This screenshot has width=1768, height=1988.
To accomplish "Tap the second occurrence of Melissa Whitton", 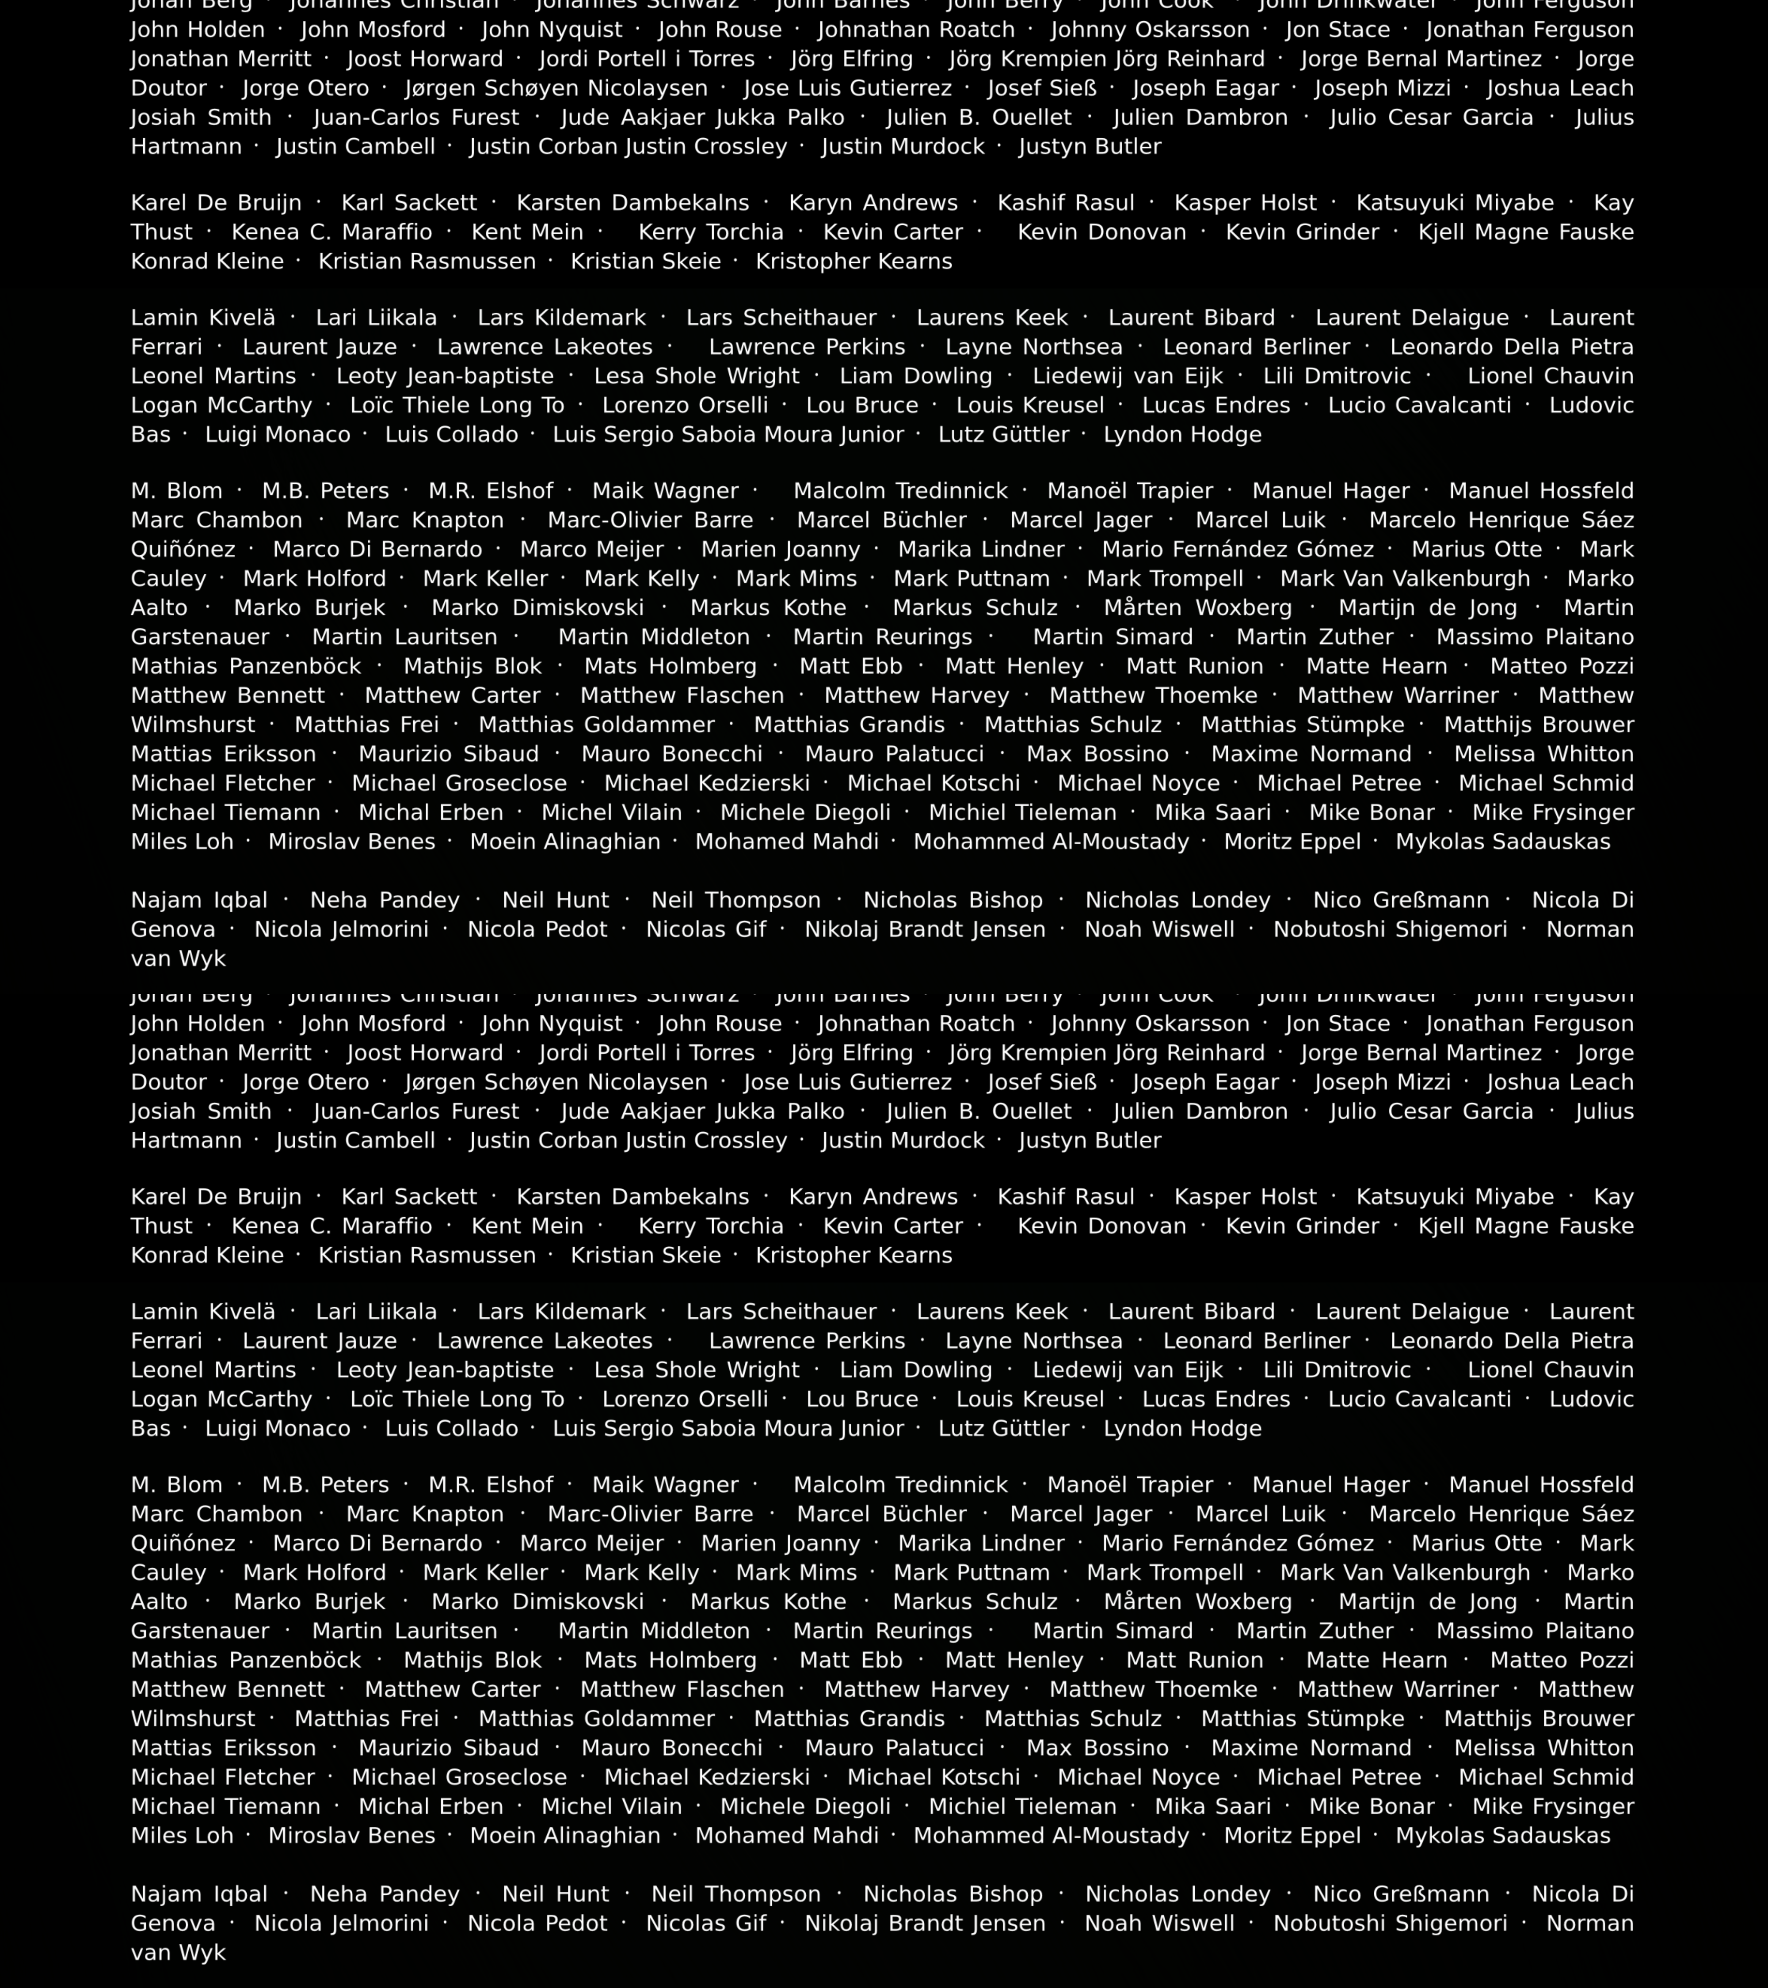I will tap(1543, 1748).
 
